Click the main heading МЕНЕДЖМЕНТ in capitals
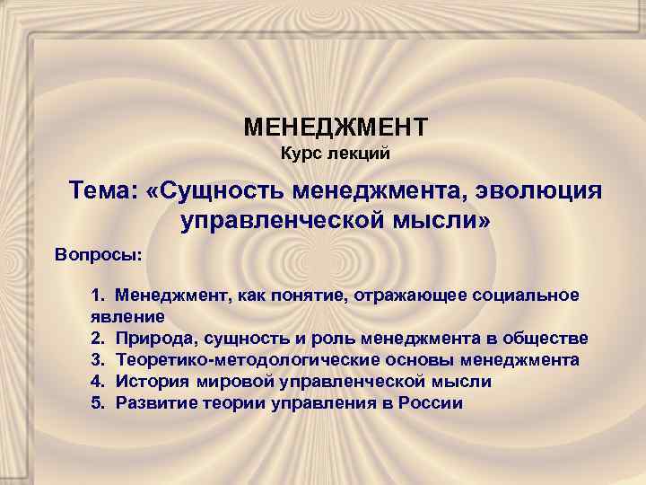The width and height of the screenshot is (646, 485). click(x=336, y=125)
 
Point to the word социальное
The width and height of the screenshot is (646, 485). click(x=526, y=295)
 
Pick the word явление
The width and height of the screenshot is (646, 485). click(x=127, y=317)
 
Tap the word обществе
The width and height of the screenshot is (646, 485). click(x=546, y=339)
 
